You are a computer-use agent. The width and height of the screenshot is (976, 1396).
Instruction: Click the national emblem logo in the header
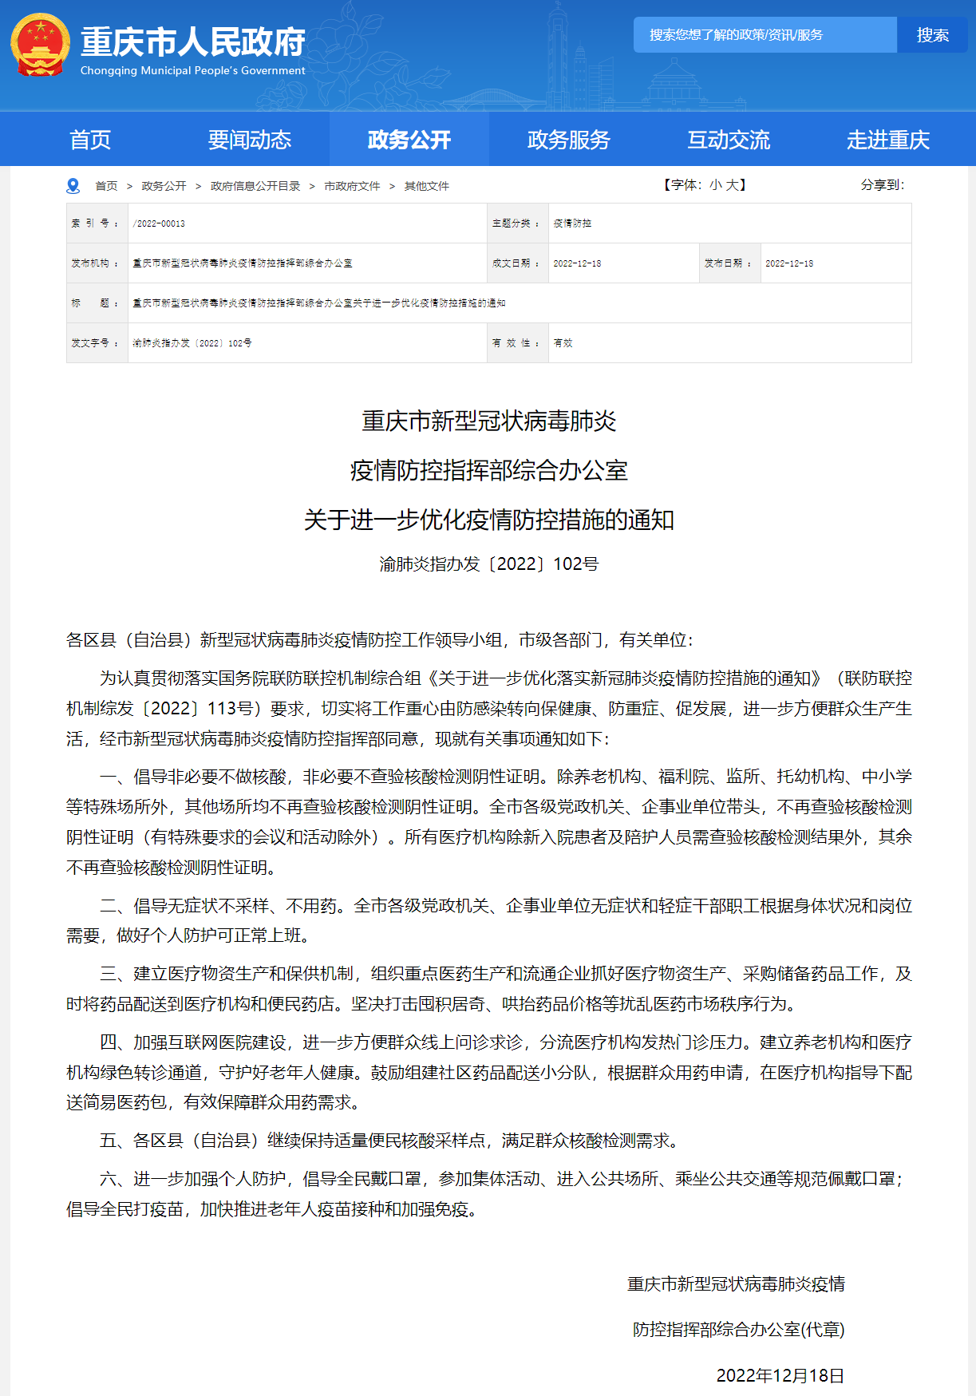tap(40, 45)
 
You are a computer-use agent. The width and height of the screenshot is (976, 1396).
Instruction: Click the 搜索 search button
tap(932, 35)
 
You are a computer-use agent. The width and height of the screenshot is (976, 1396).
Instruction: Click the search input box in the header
tap(765, 35)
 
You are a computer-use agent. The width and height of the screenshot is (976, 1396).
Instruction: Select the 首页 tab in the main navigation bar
tap(90, 140)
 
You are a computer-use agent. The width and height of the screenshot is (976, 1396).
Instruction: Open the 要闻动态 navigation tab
tap(250, 140)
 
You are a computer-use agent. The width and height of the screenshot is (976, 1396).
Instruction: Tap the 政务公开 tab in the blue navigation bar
tap(409, 140)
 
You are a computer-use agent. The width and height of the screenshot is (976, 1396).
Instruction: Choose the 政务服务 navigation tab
tap(569, 140)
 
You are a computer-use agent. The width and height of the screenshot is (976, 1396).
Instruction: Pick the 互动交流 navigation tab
tap(729, 140)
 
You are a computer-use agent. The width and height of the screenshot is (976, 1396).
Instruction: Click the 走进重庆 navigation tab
tap(888, 140)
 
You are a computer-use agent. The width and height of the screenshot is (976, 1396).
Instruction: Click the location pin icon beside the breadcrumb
tap(73, 186)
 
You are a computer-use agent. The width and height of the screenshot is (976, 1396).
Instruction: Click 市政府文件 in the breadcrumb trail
tap(352, 186)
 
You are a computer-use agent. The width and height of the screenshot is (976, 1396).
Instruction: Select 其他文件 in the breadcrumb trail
tap(427, 186)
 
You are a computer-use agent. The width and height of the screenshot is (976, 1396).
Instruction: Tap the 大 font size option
tap(732, 185)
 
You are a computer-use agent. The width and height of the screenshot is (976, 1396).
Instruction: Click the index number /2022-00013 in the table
tap(159, 223)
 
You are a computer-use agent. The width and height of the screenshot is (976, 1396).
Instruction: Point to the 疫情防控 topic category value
tap(572, 223)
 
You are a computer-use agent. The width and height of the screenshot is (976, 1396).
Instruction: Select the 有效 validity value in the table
tap(563, 343)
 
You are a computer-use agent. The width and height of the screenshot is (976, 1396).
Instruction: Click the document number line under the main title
tap(488, 564)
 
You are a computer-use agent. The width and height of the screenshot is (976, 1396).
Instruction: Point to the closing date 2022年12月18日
tap(780, 1375)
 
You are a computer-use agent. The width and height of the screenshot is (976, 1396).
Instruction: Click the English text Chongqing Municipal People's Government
tap(192, 71)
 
